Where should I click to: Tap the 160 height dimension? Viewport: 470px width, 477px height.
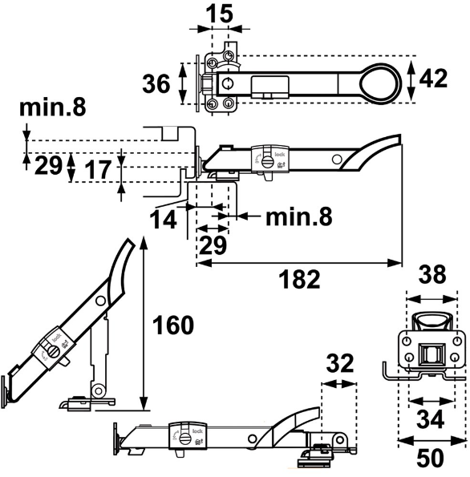point(174,326)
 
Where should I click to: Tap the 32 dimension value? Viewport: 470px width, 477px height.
point(339,363)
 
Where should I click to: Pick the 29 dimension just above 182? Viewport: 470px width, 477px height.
point(213,245)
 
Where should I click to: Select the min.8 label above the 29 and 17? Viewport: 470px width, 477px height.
point(53,107)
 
